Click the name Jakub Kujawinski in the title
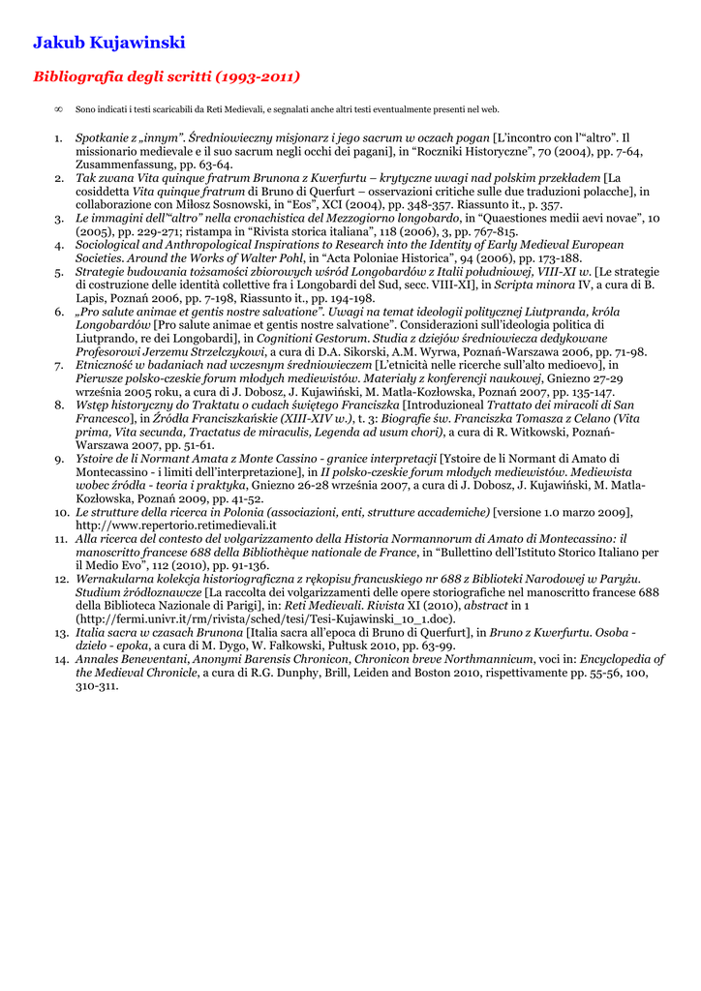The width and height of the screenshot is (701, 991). [x=108, y=43]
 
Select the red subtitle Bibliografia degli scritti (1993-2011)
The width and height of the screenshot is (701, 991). [x=167, y=76]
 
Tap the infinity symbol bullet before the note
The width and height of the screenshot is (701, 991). [x=60, y=110]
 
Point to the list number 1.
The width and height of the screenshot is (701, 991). [x=58, y=138]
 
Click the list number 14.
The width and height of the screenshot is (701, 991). [x=60, y=659]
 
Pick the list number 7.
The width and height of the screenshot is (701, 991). [x=59, y=365]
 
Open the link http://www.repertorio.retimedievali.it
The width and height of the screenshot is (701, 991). [x=168, y=525]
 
